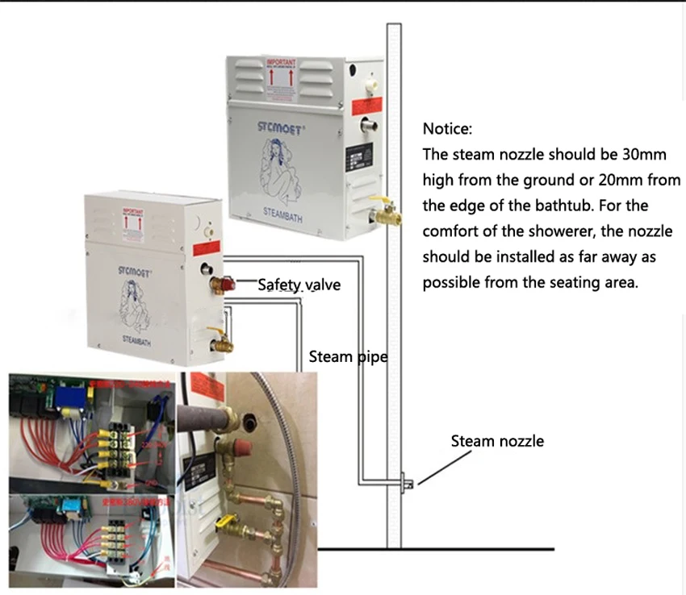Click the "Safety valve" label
click(x=299, y=284)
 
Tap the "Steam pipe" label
click(x=348, y=356)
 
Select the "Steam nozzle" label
click(x=497, y=440)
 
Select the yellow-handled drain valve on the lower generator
click(x=220, y=339)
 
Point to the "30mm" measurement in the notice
click(x=657, y=155)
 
